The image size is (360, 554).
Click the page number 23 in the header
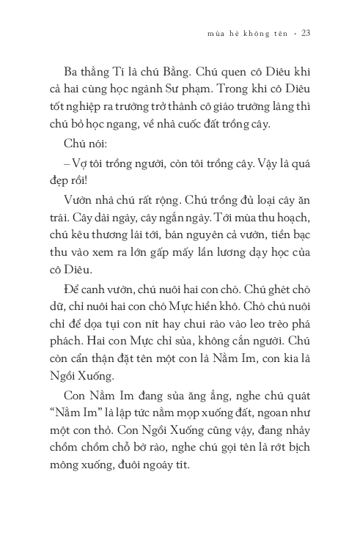click(x=306, y=33)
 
